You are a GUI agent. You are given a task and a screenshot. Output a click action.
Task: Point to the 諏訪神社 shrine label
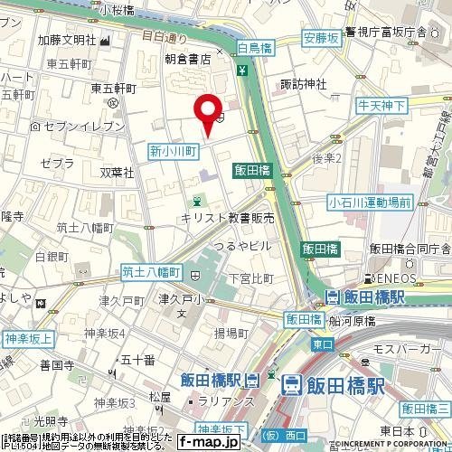point(304,84)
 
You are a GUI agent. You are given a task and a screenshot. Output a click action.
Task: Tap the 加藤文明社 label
point(67,40)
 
